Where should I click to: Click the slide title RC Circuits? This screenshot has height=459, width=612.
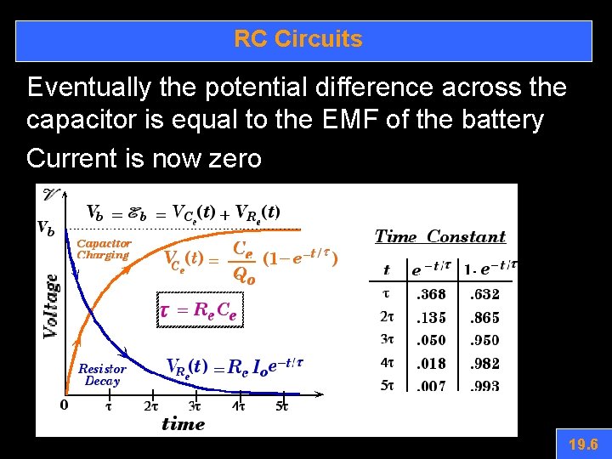298,39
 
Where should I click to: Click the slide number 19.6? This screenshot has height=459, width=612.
583,444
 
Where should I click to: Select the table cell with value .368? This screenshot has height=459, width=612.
430,295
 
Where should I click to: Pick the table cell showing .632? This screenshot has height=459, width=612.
484,295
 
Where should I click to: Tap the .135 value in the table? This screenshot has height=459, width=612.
430,318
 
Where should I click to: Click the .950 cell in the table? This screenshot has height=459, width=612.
484,341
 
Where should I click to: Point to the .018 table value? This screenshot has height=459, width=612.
430,364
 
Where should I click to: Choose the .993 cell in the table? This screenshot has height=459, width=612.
484,387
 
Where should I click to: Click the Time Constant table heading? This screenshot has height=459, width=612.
440,236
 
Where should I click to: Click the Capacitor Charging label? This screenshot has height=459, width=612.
103,249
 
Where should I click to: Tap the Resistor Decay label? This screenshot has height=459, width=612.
102,375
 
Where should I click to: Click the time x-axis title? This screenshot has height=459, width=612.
183,424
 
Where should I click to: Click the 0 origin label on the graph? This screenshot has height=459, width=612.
65,405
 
